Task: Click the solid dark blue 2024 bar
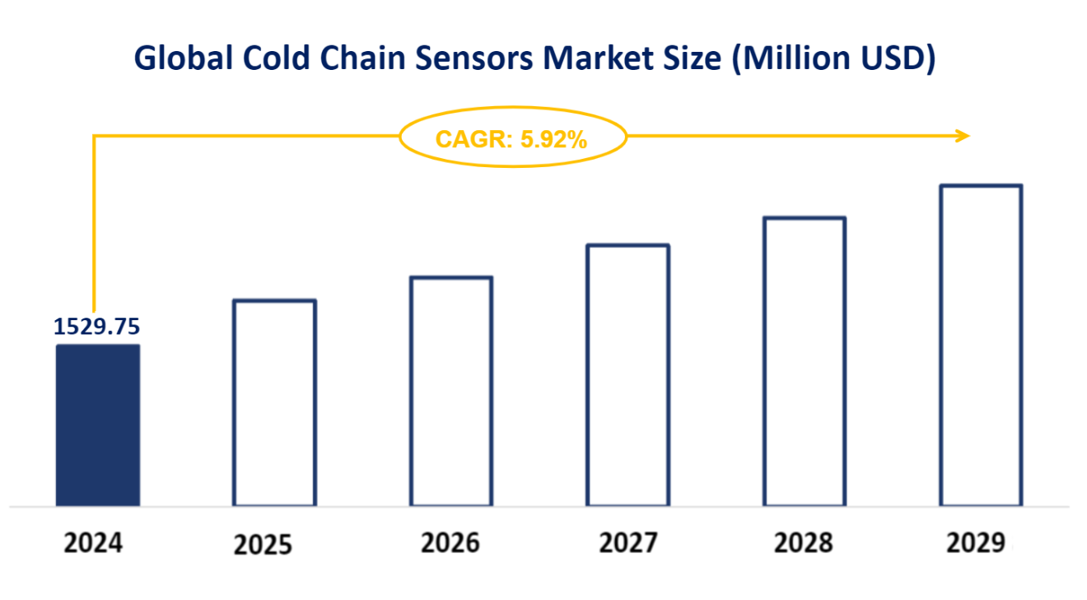[97, 425]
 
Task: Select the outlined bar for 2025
[274, 402]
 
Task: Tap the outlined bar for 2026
[451, 391]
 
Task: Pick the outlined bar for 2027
[627, 375]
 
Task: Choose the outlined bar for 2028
[805, 361]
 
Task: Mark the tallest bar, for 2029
[981, 345]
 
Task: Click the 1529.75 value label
[96, 327]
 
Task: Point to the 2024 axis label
[94, 543]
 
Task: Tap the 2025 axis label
[263, 545]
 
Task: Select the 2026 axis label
[450, 543]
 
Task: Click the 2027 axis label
[627, 543]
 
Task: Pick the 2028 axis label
[803, 543]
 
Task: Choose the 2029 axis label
[976, 543]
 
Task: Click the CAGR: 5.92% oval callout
[512, 139]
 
